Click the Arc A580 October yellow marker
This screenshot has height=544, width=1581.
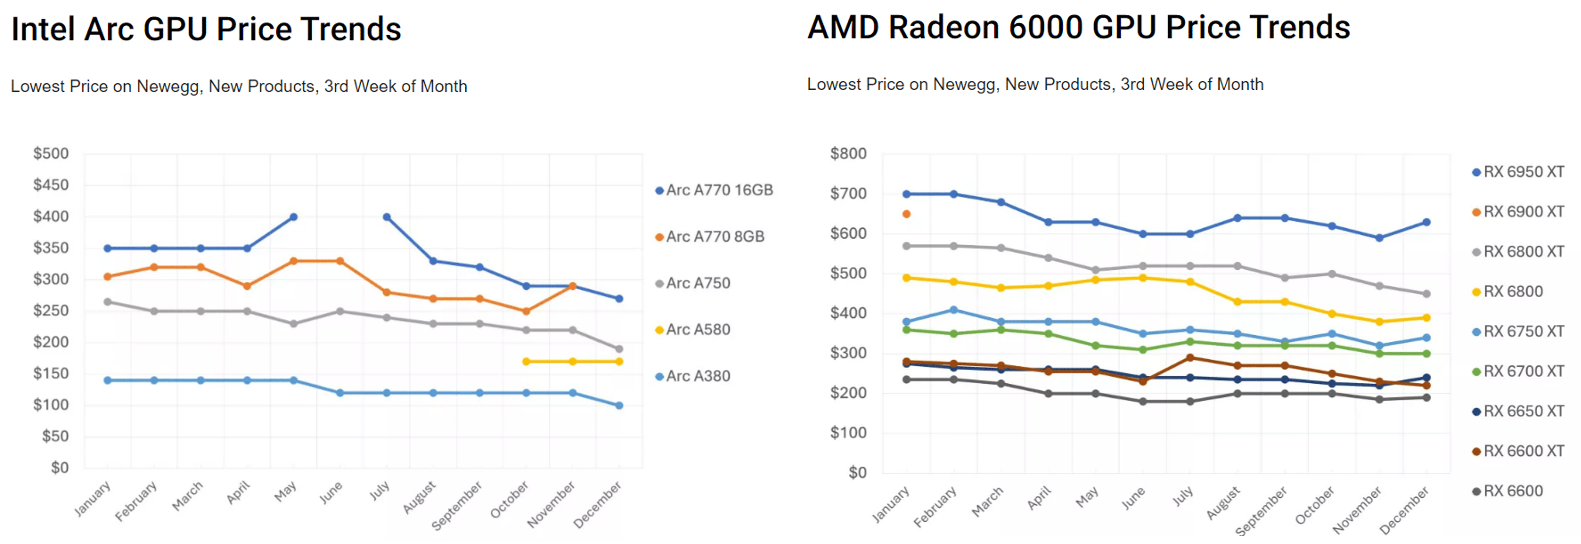(x=526, y=362)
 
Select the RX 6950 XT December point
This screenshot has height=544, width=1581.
(x=1426, y=222)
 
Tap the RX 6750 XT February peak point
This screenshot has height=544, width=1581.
(x=954, y=310)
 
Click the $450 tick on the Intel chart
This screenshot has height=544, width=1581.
(x=51, y=185)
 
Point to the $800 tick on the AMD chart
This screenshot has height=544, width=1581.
(x=848, y=154)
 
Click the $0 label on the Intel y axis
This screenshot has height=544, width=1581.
(x=59, y=468)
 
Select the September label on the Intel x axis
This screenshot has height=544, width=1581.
(x=457, y=506)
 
